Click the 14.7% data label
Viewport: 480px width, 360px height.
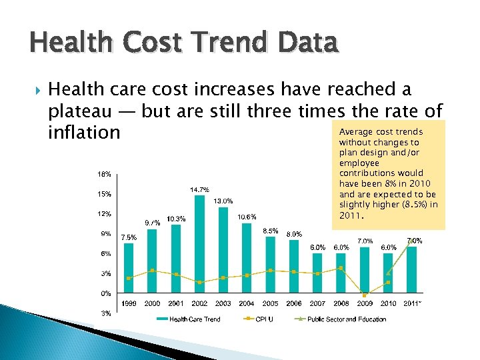tap(200, 189)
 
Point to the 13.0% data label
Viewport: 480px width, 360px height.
tap(223, 201)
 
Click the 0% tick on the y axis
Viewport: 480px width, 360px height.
tap(107, 293)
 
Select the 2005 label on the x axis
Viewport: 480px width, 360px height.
tap(270, 303)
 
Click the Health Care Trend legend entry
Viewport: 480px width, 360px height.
tap(195, 319)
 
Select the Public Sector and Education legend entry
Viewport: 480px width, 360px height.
tap(346, 319)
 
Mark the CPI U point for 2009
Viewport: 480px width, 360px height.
tap(364, 295)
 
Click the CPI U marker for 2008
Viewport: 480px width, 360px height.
tap(341, 268)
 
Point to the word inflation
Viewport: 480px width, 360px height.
tap(84, 133)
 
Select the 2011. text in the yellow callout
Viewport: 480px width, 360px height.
tap(351, 216)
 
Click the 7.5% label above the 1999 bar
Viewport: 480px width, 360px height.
tap(129, 237)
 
